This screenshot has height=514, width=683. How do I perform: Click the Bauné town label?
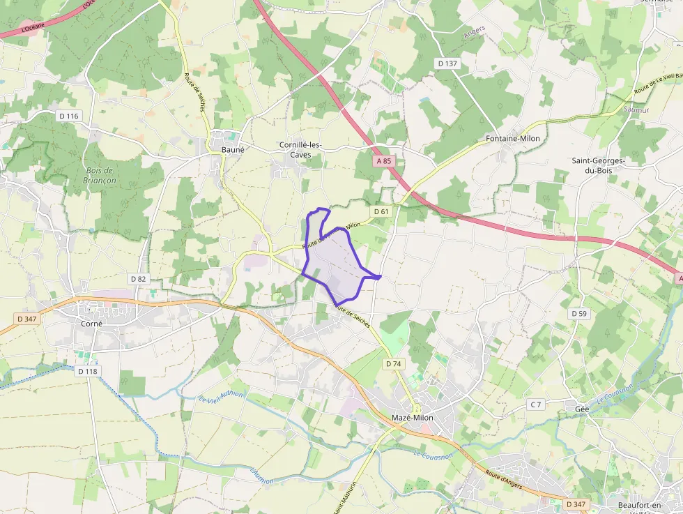click(232, 149)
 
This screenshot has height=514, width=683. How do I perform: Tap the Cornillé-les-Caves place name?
click(300, 149)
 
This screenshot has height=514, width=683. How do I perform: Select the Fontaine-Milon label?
click(512, 139)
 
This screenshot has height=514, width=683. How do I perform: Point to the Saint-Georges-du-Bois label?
click(598, 165)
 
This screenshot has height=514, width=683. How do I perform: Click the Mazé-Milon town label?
click(412, 418)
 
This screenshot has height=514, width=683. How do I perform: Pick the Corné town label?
click(91, 324)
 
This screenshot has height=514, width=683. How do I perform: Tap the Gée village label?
click(582, 408)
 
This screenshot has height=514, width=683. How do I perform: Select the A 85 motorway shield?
click(384, 160)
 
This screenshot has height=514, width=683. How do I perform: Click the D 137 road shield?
click(447, 63)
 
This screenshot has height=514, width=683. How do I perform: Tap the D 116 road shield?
click(69, 116)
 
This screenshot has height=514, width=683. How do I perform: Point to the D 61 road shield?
click(381, 211)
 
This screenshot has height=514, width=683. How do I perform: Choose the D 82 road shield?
click(138, 279)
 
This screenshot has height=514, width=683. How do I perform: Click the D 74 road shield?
click(393, 364)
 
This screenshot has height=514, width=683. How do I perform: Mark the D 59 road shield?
click(579, 314)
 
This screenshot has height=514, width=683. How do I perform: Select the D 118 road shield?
click(87, 372)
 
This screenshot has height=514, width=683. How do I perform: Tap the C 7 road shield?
click(535, 405)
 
